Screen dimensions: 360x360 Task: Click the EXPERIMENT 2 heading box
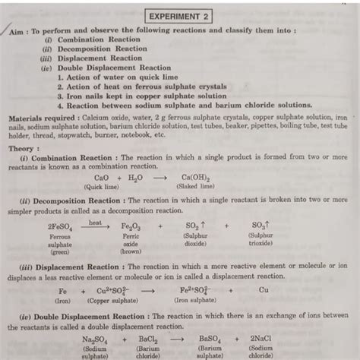point(180,16)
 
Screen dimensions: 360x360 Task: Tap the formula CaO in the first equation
point(100,177)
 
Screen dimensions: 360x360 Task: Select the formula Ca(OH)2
point(188,177)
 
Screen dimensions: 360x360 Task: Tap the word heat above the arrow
point(96,223)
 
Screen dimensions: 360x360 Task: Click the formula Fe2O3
point(131,226)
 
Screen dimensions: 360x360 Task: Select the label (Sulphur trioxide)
point(260,241)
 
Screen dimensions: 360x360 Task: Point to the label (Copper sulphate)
point(114,300)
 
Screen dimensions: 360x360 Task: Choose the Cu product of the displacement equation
point(264,289)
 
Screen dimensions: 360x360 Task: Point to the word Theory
point(23,149)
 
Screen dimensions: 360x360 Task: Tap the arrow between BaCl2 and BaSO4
point(178,339)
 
